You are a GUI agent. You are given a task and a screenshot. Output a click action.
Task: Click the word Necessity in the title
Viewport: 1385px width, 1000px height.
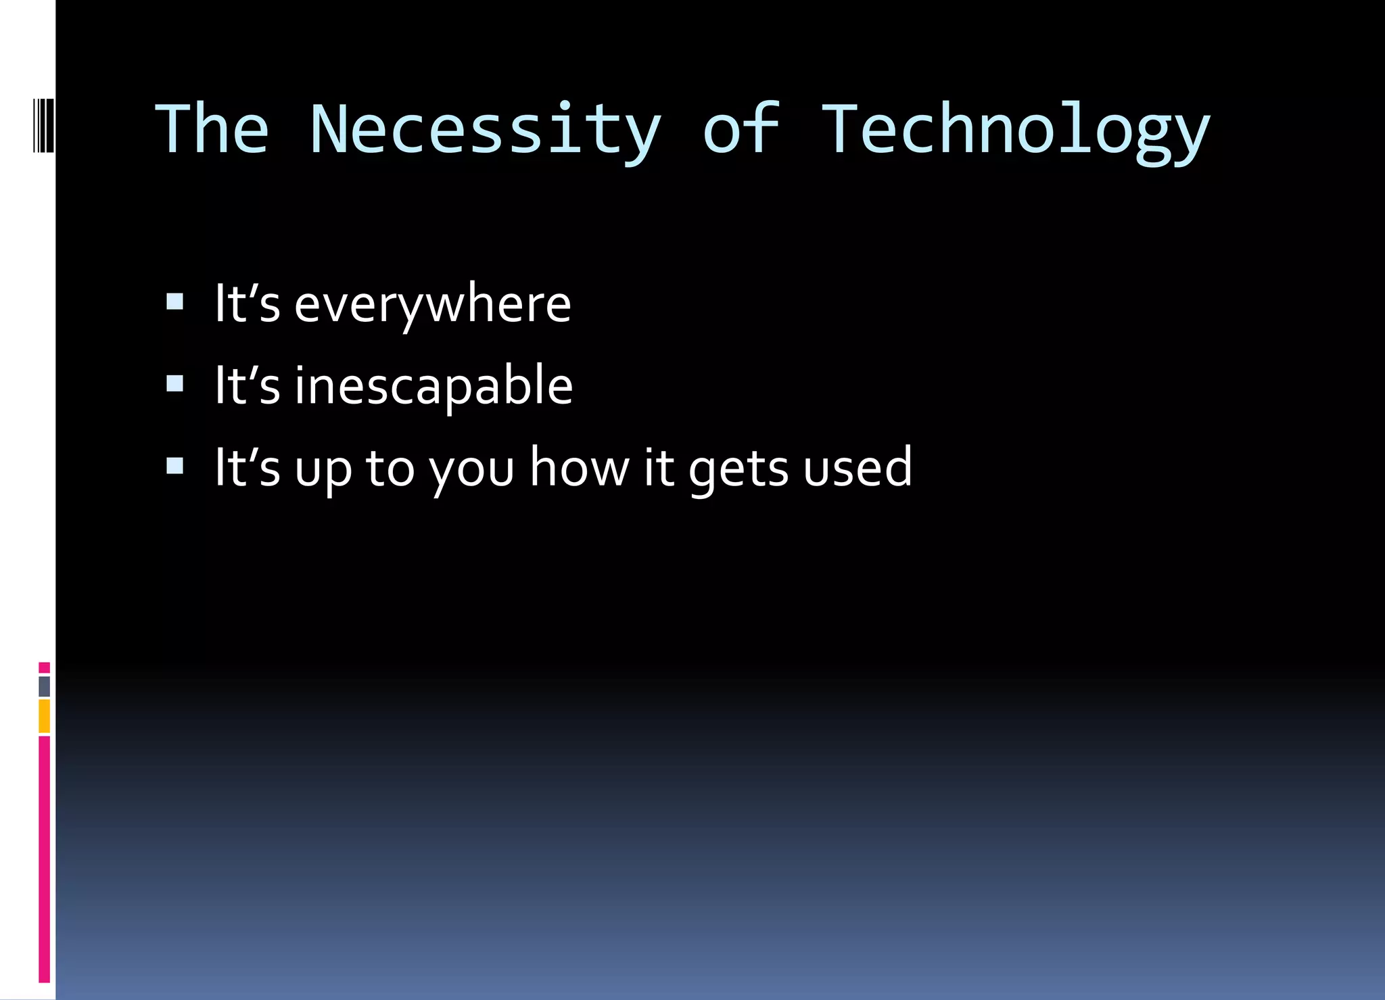point(485,130)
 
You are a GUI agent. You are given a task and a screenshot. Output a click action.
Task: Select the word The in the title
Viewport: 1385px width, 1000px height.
point(212,128)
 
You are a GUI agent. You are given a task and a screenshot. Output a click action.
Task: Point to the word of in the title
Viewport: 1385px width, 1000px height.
point(741,128)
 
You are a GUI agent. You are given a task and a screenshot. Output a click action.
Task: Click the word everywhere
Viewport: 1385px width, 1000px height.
point(433,304)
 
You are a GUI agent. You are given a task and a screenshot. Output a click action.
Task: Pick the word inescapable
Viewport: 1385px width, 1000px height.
point(433,385)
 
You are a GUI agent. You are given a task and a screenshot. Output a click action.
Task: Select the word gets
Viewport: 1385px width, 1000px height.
point(738,468)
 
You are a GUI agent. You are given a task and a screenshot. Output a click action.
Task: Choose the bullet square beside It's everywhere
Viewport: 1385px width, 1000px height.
point(174,302)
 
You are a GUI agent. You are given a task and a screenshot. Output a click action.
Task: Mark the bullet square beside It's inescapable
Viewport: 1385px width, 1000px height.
point(174,384)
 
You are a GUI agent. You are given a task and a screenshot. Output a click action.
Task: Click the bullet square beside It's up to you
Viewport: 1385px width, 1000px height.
point(174,466)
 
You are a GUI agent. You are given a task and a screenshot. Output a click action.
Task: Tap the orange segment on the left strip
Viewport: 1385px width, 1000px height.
point(44,717)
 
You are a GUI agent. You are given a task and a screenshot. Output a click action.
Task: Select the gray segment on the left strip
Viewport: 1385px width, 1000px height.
point(44,686)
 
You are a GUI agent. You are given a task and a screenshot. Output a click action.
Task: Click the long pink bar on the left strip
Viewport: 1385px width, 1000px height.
point(44,859)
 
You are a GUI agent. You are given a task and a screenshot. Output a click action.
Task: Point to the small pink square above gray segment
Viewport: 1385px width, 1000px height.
point(44,667)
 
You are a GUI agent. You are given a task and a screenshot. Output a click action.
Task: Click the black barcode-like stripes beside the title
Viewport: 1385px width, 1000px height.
point(43,125)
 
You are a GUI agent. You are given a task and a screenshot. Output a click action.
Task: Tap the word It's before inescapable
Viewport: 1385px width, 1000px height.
point(247,385)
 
